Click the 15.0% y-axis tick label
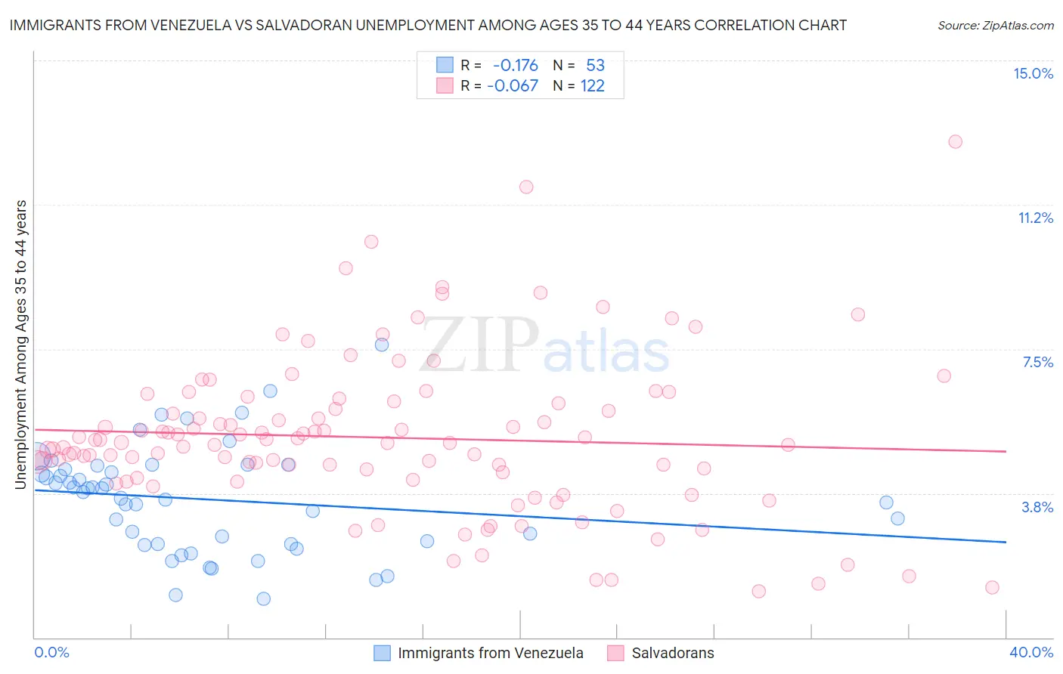(x=1033, y=73)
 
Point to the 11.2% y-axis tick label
(x=1035, y=218)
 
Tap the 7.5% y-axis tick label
(x=1037, y=362)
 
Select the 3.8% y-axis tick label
(x=1037, y=507)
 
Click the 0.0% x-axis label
(x=51, y=652)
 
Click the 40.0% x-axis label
(x=1030, y=652)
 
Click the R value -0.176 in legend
(x=515, y=66)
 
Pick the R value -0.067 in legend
(x=513, y=86)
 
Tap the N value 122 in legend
(x=592, y=86)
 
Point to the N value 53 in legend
(x=595, y=66)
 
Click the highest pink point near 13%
(x=955, y=141)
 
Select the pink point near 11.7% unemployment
(x=526, y=187)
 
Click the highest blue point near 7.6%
(x=382, y=345)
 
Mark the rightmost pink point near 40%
(x=992, y=587)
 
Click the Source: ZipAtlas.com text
(x=995, y=26)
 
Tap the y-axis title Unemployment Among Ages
(x=21, y=344)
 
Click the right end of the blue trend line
(x=1006, y=542)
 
